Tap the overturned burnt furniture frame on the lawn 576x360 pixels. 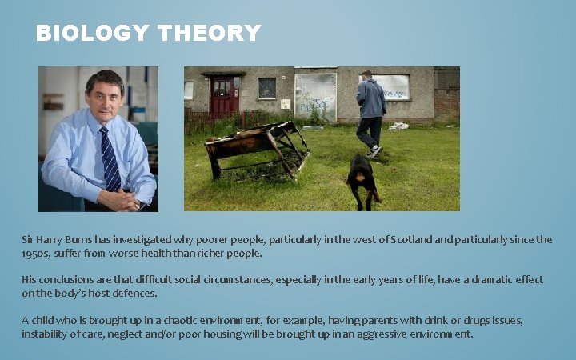256,150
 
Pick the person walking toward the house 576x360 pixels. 370,112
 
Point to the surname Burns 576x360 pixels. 72,239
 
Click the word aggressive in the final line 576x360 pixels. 376,334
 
